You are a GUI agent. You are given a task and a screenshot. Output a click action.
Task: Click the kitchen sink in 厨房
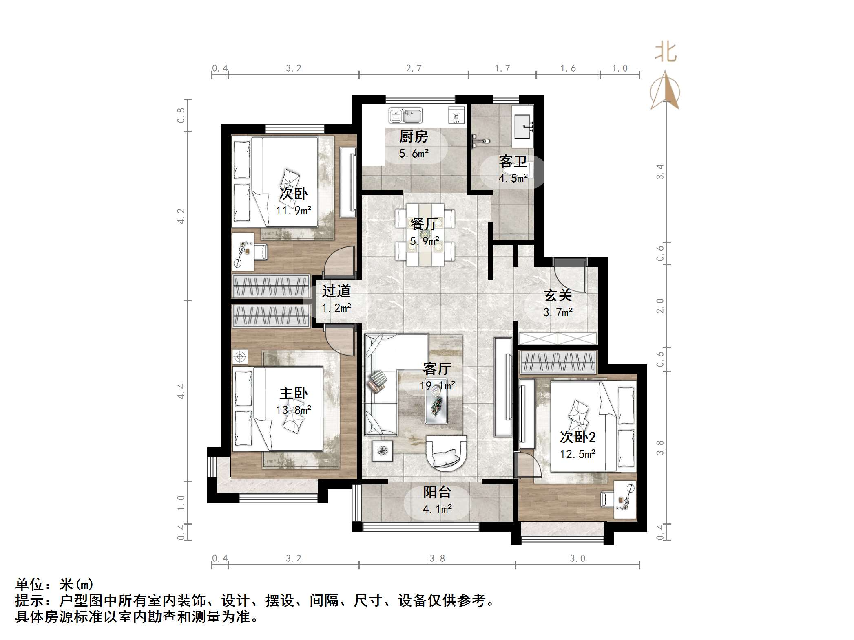coord(405,115)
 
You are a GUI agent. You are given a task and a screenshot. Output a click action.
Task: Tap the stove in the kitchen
coord(456,115)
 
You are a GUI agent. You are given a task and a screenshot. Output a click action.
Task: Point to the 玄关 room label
coord(558,295)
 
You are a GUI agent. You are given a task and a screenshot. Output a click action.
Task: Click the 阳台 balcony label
coord(437,492)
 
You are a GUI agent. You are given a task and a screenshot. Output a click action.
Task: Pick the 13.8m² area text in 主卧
coord(293,410)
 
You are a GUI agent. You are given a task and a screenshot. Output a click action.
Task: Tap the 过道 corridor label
coord(336,291)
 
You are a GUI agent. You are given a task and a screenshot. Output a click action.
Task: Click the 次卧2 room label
coord(577,437)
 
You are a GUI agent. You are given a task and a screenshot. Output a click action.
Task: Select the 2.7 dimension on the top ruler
coord(414,68)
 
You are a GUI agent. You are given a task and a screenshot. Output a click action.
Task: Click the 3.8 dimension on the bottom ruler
coord(437,558)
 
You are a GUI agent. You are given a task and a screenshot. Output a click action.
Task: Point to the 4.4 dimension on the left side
coord(181,391)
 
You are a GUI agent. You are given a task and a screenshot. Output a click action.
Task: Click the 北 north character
coord(666,52)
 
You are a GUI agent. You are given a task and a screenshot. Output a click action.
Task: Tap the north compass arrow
coord(665,92)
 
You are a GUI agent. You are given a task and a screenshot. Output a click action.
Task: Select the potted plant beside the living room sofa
coord(382,451)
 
